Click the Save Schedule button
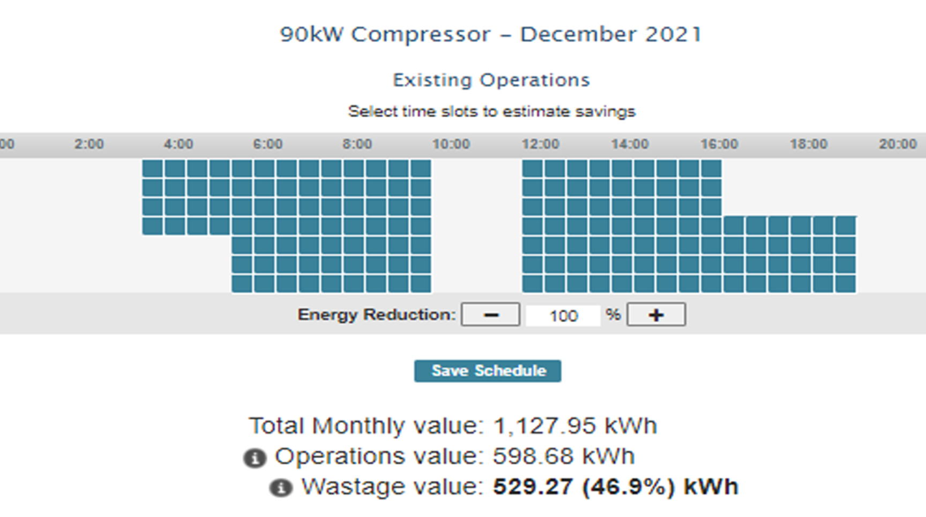[488, 371]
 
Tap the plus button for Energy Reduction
[656, 315]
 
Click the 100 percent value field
[563, 316]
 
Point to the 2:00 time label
[89, 145]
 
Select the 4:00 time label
[178, 145]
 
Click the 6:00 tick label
[268, 145]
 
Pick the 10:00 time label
[451, 145]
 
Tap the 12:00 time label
[540, 145]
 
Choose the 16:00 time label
[719, 145]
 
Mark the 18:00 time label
[809, 145]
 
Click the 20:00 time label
[898, 145]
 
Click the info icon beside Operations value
[255, 458]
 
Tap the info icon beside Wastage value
[281, 488]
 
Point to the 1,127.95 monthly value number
[544, 427]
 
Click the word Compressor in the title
[421, 35]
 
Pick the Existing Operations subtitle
[491, 80]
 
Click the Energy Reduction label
[377, 315]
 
